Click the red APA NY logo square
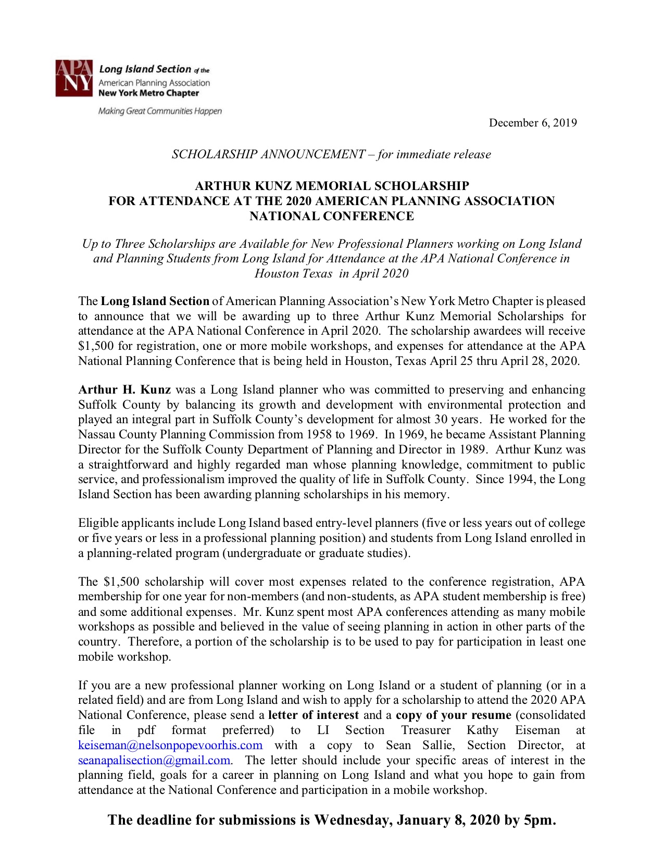[74, 79]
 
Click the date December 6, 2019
[532, 123]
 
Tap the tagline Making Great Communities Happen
[160, 111]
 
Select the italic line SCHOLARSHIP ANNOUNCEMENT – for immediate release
[331, 154]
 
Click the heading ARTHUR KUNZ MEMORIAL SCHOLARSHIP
[332, 186]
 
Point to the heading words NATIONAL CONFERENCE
[332, 216]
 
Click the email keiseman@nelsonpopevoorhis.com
[170, 745]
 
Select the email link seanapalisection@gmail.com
[154, 760]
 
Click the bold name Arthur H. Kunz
[124, 389]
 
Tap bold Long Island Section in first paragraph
[155, 301]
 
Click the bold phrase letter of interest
[314, 715]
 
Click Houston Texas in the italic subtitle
[293, 273]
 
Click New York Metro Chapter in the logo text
[148, 93]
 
